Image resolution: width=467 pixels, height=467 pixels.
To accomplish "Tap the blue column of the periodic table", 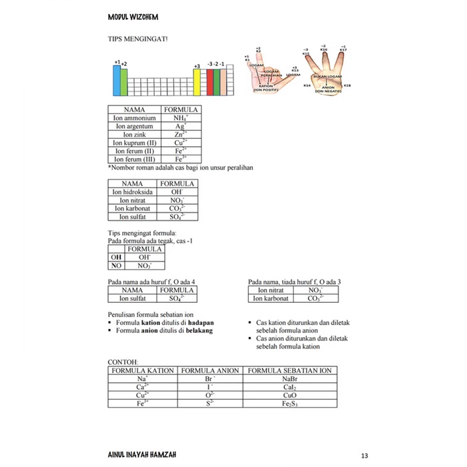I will pos(116,81).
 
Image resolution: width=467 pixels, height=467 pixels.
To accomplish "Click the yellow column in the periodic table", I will pos(197,82).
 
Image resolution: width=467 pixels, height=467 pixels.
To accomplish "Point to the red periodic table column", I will pos(210,82).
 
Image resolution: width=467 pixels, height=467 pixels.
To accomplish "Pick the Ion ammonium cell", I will pos(134,118).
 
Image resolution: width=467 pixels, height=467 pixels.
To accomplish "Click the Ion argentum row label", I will pos(134,126).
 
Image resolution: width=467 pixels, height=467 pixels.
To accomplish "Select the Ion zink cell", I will pos(134,135).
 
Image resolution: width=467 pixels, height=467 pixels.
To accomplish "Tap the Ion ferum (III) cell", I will pos(134,159).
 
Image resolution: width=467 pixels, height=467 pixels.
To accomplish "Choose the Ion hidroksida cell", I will pos(133,191).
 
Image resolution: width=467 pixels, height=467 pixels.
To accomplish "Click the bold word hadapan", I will pos(200,322).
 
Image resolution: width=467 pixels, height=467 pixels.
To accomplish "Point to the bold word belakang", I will pos(199,330).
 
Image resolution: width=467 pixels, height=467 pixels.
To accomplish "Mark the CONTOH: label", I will pos(123,362).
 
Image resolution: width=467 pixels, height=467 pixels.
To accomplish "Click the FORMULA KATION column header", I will pos(143,370).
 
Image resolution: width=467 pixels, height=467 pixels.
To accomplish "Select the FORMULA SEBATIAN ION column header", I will pos(290,370).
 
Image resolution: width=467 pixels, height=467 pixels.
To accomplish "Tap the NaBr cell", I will pos(290,379).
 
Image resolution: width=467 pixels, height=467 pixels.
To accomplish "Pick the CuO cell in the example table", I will pos(290,395).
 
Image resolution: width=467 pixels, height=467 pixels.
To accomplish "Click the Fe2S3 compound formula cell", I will pos(290,403).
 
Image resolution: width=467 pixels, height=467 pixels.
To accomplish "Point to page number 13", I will pos(364,456).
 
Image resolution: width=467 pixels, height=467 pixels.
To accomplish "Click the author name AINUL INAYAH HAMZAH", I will pos(142,455).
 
